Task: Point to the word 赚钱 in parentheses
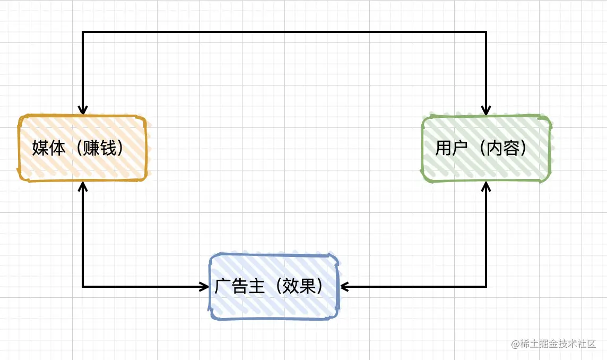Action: [x=100, y=148]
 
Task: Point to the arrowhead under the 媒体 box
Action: [x=83, y=186]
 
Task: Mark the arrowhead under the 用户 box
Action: [x=486, y=185]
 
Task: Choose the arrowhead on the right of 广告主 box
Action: [x=344, y=287]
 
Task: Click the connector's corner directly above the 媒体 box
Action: [x=83, y=32]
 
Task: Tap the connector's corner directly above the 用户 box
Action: [x=486, y=32]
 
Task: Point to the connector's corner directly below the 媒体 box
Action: [x=83, y=287]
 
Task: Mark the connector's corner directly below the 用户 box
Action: [x=486, y=287]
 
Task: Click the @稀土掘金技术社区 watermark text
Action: [x=554, y=344]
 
